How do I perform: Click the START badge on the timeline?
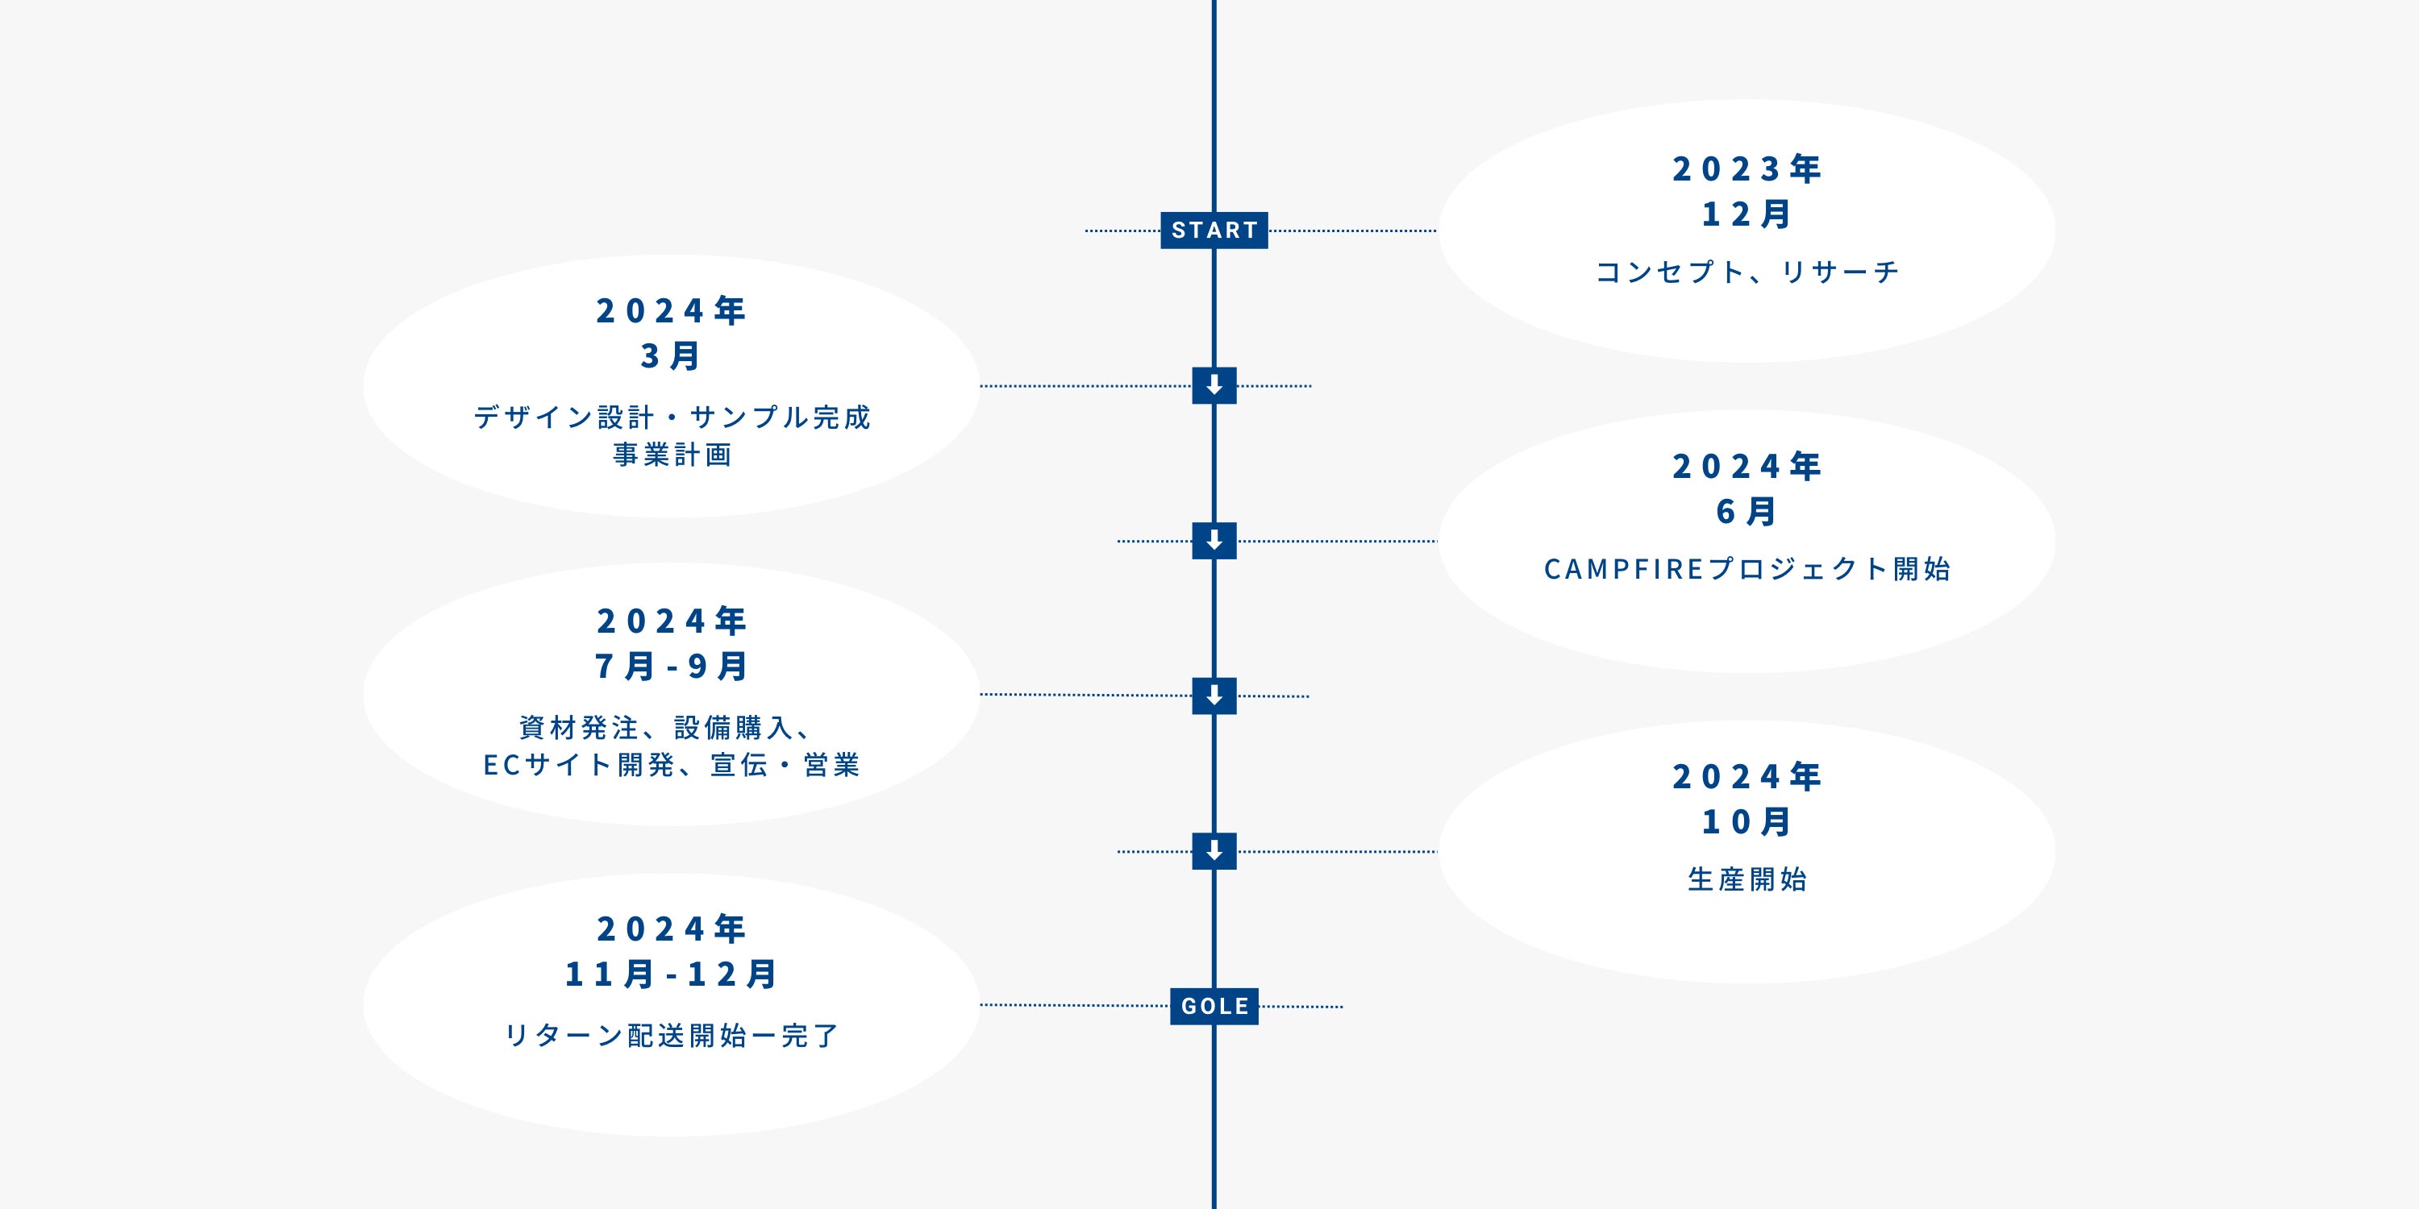[1214, 230]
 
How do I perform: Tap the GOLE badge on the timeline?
[1214, 1006]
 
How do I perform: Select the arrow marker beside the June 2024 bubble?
[1214, 541]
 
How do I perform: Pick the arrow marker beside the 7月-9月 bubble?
[1214, 696]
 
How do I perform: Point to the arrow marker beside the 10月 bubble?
[1214, 851]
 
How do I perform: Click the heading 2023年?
[1746, 169]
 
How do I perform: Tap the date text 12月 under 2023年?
[1746, 214]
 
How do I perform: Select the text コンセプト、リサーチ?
[1746, 272]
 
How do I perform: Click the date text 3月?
[671, 355]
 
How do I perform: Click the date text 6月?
[1746, 512]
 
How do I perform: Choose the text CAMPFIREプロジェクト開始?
[1746, 569]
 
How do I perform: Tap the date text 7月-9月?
[671, 667]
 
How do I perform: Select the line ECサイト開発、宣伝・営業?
[671, 765]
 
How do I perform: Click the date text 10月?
[1746, 822]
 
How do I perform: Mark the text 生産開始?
[1746, 879]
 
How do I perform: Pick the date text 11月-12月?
[671, 974]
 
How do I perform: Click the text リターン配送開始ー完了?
[671, 1036]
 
